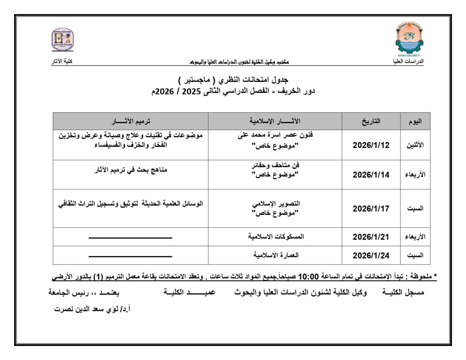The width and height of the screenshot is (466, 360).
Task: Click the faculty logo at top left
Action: (62, 41)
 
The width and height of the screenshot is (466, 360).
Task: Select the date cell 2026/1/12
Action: (371, 145)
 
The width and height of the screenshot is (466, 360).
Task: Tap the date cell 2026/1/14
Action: (371, 175)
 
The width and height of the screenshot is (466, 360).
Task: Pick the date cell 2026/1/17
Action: (371, 209)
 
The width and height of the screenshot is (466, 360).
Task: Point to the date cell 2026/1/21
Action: (371, 237)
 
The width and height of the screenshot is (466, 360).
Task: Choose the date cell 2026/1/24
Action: (371, 255)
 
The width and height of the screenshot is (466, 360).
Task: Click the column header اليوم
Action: (415, 122)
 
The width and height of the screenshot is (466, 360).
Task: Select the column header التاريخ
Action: (371, 122)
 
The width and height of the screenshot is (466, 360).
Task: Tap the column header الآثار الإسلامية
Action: (275, 122)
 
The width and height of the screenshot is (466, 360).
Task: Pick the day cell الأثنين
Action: (415, 145)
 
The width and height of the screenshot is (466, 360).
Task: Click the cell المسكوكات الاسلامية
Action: (276, 237)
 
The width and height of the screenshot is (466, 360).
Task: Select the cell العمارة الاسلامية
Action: (276, 255)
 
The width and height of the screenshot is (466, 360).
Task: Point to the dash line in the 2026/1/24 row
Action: (130, 256)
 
